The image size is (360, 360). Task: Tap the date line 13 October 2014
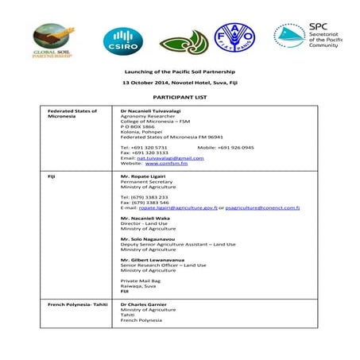tap(180, 83)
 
